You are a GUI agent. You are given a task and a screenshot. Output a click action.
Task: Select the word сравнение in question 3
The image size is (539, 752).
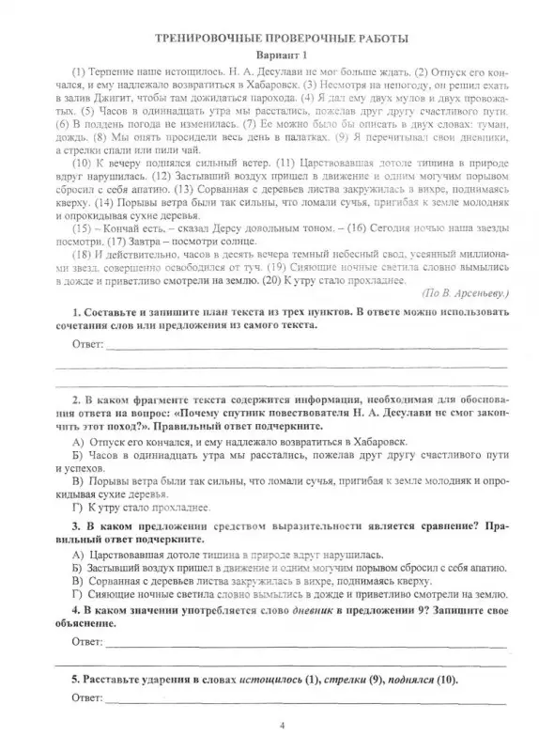411,528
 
